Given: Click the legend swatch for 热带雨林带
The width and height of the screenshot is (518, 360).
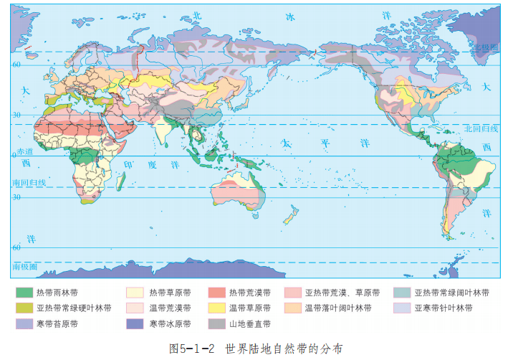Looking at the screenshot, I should click(x=24, y=293).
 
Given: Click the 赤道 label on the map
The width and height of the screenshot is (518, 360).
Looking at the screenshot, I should click(x=26, y=152).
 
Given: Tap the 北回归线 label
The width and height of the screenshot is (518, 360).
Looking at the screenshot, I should click(x=480, y=128).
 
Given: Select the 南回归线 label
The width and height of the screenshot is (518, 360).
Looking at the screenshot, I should click(x=29, y=183).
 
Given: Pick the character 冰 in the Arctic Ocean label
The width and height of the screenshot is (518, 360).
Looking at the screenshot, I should click(x=289, y=16).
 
